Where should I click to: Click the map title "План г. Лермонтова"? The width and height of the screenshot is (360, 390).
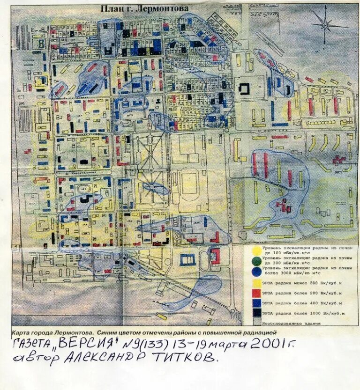145,8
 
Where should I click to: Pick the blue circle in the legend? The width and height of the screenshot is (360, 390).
256,270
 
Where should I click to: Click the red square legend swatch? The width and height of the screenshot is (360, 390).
256,293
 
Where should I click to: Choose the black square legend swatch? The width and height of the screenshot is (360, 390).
256,313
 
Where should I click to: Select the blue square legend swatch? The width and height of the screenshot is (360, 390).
256,303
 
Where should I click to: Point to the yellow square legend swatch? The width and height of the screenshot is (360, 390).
256,283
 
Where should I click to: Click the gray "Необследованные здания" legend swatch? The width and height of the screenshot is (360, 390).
256,322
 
